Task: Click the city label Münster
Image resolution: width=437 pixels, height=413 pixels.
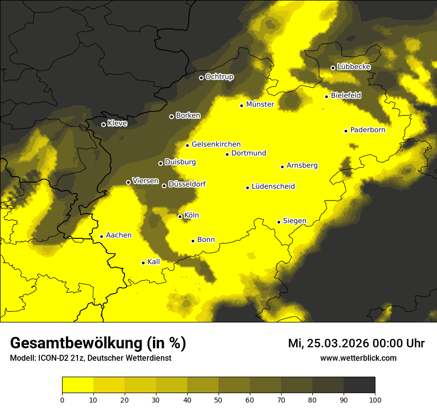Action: click(x=260, y=104)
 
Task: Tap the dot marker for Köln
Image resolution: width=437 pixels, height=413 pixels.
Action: click(x=180, y=216)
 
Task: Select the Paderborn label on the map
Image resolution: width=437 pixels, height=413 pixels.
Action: click(x=367, y=130)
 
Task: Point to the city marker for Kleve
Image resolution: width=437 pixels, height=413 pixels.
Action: click(x=103, y=124)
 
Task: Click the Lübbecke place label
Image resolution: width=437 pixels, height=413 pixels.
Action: click(x=354, y=67)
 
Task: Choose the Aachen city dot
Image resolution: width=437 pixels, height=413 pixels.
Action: click(x=101, y=236)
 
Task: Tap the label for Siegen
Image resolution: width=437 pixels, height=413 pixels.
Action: click(x=294, y=221)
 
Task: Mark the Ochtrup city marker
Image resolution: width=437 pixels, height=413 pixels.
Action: click(x=201, y=78)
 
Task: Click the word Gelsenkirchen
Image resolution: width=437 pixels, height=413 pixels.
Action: click(x=216, y=144)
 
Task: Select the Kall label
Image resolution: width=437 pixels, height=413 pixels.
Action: click(x=154, y=262)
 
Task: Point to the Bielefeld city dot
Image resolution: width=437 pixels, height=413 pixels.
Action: click(x=327, y=97)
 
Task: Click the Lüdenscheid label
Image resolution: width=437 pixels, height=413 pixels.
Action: click(x=273, y=187)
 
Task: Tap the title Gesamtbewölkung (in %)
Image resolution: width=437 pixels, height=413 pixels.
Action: click(x=98, y=343)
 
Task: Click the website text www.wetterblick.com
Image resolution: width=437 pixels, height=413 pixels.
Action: click(x=358, y=358)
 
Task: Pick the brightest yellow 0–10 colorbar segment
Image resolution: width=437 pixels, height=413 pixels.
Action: click(x=77, y=385)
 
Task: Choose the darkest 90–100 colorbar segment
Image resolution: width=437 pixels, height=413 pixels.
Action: click(x=359, y=385)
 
